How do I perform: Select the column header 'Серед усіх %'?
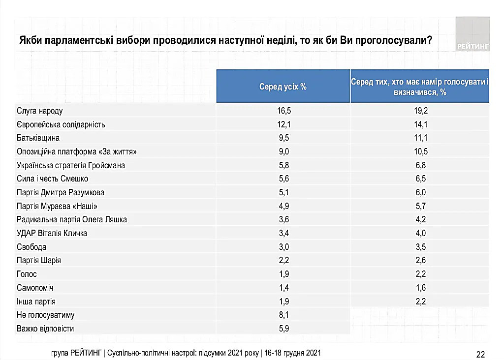pyautogui.click(x=283, y=87)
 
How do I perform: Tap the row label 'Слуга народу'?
pyautogui.click(x=40, y=111)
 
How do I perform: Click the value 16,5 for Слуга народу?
pyautogui.click(x=284, y=111)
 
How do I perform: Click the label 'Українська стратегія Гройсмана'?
pyautogui.click(x=70, y=165)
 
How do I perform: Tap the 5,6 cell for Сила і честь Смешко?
pyautogui.click(x=284, y=179)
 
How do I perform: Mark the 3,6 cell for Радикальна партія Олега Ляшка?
pyautogui.click(x=284, y=219)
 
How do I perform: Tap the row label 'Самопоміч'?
pyautogui.click(x=35, y=288)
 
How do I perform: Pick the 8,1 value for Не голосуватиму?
pyautogui.click(x=284, y=315)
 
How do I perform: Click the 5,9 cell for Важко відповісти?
pyautogui.click(x=284, y=328)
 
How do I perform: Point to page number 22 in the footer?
pyautogui.click(x=481, y=354)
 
